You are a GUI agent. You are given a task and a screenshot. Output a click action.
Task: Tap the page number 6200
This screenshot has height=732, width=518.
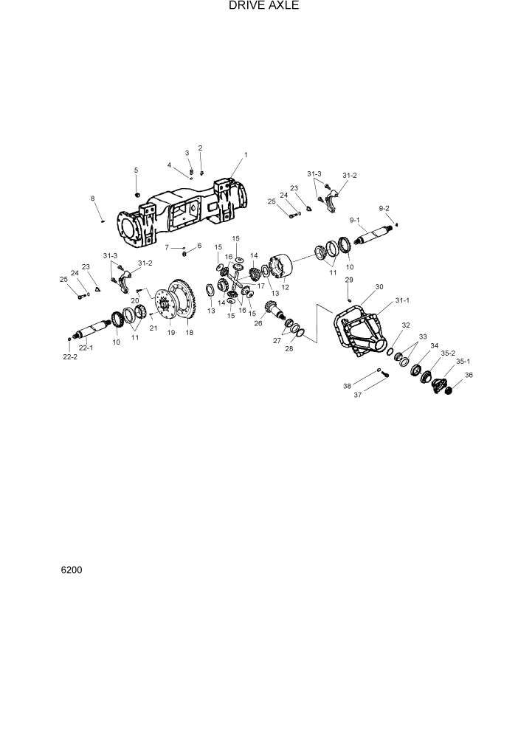click(x=72, y=570)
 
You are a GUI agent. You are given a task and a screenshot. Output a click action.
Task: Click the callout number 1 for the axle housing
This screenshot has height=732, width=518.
click(x=246, y=155)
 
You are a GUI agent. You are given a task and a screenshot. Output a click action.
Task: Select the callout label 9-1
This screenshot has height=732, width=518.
click(x=354, y=220)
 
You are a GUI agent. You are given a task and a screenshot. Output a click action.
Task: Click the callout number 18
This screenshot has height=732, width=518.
click(x=190, y=333)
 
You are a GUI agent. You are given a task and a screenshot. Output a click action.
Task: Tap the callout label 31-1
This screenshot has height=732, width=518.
click(x=403, y=300)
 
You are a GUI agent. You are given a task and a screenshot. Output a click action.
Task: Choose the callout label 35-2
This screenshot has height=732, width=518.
click(x=447, y=353)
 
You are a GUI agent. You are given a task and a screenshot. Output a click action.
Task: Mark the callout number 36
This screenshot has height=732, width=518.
click(x=469, y=374)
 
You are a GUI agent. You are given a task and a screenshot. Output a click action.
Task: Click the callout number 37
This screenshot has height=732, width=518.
click(x=357, y=395)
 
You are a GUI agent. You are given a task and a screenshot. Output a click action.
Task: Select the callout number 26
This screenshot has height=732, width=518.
click(x=258, y=322)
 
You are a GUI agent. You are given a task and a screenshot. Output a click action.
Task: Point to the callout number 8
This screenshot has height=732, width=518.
click(x=93, y=198)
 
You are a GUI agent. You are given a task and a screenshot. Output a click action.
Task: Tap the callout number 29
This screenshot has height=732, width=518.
click(x=350, y=280)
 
